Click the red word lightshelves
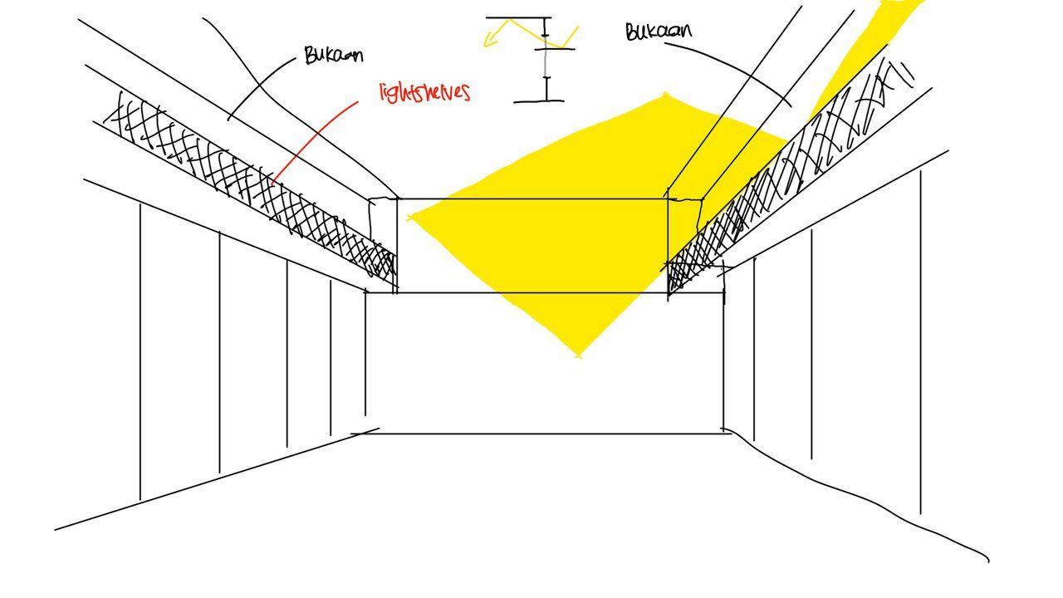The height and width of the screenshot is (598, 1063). point(424,91)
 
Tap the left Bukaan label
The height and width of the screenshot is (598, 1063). point(333,56)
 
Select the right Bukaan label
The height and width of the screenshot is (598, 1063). point(658,32)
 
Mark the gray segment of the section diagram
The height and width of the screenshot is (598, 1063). point(546,62)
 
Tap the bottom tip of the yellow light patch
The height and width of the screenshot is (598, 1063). point(579,355)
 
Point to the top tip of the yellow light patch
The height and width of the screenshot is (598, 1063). point(666,96)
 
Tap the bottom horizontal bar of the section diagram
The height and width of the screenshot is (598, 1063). point(538,101)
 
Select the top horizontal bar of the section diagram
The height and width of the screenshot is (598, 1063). point(518,17)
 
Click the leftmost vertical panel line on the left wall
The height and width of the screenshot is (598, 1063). point(140,349)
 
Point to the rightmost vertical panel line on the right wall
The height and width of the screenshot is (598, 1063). point(920,341)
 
